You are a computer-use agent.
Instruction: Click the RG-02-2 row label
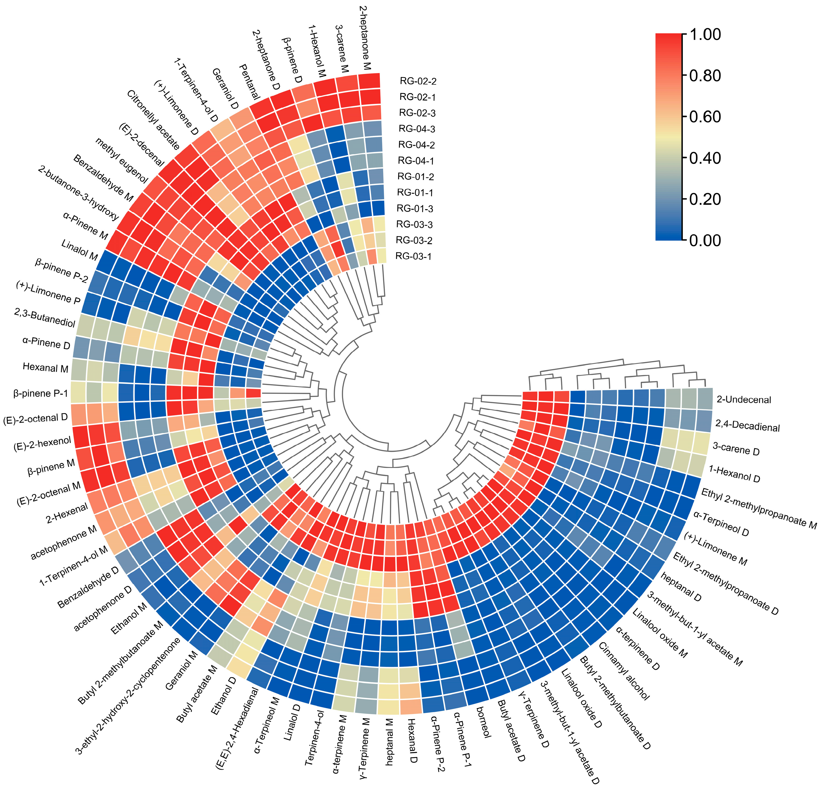pos(418,81)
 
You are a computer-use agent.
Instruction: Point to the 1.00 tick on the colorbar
pos(705,34)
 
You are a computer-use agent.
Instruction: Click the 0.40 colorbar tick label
pos(705,158)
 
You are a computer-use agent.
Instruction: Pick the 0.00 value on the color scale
pos(705,240)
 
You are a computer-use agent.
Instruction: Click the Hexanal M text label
pos(45,368)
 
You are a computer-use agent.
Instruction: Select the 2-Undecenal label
pos(744,399)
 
